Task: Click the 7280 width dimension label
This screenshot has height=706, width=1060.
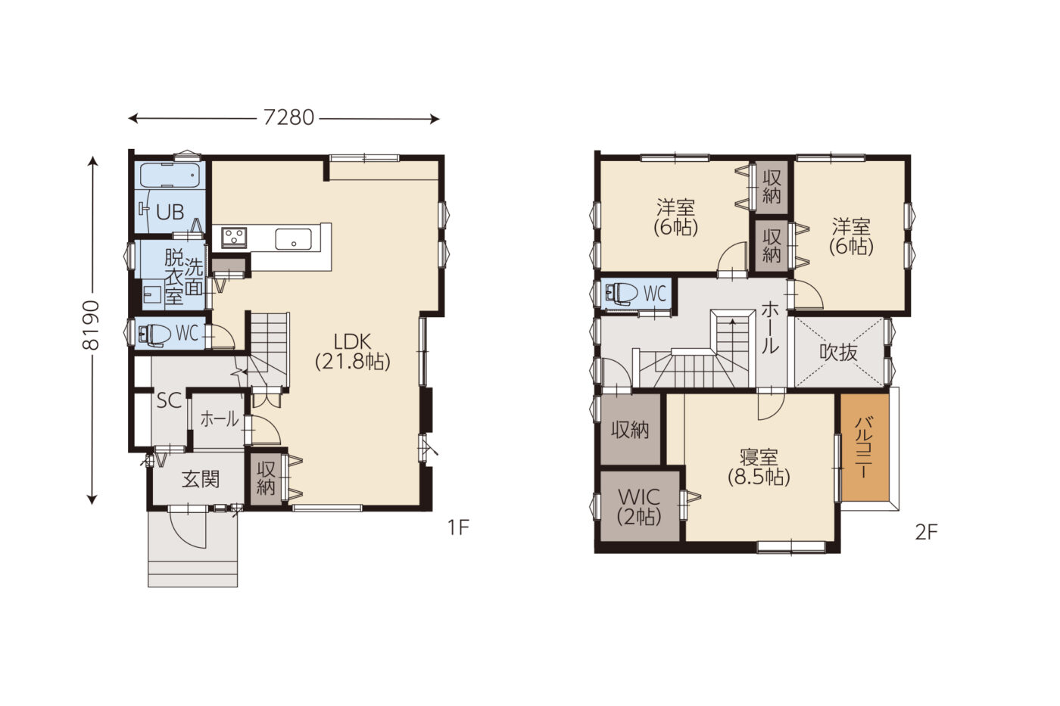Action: pyautogui.click(x=288, y=118)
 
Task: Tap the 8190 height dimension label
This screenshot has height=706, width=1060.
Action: pyautogui.click(x=92, y=325)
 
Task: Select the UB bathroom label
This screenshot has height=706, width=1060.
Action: pyautogui.click(x=170, y=213)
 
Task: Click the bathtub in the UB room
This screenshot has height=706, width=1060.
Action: pyautogui.click(x=170, y=175)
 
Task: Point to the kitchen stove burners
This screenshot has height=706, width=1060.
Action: pyautogui.click(x=234, y=236)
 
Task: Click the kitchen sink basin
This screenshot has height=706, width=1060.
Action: pyautogui.click(x=294, y=239)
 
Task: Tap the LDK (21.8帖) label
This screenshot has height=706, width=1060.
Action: pyautogui.click(x=353, y=351)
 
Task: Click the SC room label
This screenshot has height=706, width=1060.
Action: pyautogui.click(x=169, y=401)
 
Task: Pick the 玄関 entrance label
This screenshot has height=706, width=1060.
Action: pyautogui.click(x=201, y=480)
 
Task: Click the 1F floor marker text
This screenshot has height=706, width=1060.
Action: pyautogui.click(x=458, y=527)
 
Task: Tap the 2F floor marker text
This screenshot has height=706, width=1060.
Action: pyautogui.click(x=926, y=533)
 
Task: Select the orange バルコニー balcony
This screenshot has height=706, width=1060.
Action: pyautogui.click(x=865, y=446)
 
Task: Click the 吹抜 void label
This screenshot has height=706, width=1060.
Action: pyautogui.click(x=838, y=353)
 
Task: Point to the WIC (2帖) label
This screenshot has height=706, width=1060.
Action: pyautogui.click(x=639, y=507)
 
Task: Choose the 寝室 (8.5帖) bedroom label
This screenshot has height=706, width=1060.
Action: pyautogui.click(x=759, y=467)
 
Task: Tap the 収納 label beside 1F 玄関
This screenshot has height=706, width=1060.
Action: pyautogui.click(x=266, y=478)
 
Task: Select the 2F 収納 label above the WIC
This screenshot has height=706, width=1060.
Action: pyautogui.click(x=630, y=430)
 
